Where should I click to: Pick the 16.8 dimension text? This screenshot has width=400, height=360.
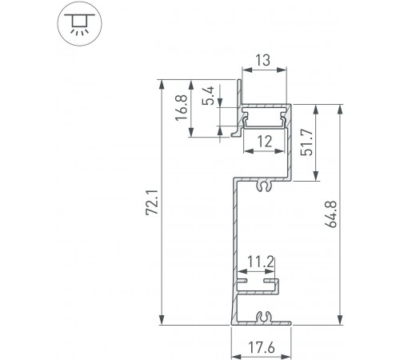pyautogui.click(x=182, y=108)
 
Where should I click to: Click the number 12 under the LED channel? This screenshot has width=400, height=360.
pyautogui.click(x=265, y=142)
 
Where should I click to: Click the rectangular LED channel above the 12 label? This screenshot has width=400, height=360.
pyautogui.click(x=265, y=118)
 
